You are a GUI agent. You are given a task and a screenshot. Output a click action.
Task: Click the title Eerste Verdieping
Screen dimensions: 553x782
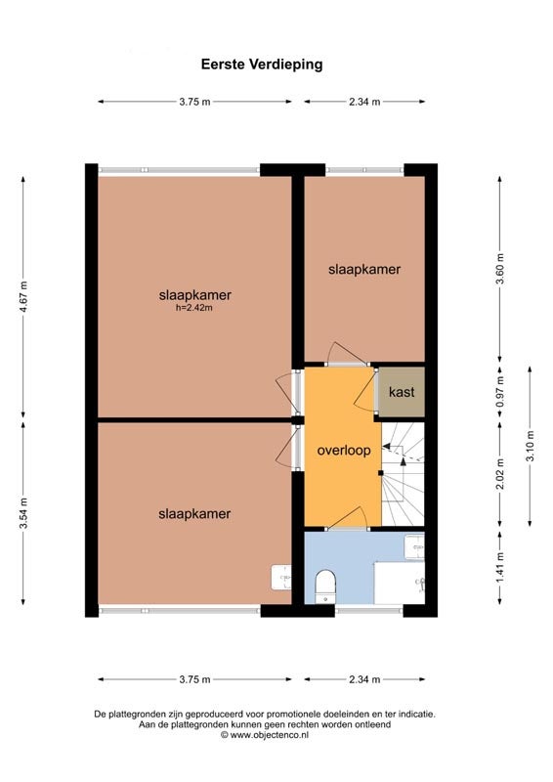pos(262,65)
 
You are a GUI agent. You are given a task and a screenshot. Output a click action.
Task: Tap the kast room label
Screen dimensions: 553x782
pos(402,392)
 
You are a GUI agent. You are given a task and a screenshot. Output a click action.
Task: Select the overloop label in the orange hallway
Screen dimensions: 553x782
pos(344,451)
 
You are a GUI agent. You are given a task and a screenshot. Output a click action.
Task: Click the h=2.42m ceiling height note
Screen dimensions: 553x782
pos(194,308)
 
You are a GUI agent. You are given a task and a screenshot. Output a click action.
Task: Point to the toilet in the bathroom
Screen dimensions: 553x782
pos(325,586)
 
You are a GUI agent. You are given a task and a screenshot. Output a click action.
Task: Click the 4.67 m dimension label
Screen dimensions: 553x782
pos(23,297)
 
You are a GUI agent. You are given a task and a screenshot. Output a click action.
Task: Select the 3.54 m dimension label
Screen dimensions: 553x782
pos(23,513)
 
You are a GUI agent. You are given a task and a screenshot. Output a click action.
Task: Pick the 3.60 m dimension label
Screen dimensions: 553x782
pos(500,269)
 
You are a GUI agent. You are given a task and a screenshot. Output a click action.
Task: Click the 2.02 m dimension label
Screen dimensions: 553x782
pos(500,474)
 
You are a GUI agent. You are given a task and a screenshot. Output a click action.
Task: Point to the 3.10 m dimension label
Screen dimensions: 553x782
pos(531,446)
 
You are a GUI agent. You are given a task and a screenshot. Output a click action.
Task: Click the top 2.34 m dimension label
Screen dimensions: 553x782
pos(364,102)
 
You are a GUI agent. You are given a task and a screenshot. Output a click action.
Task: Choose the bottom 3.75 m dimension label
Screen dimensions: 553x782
pos(194,679)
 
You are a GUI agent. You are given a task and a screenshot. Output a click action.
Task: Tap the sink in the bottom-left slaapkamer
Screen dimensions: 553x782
pos(281,577)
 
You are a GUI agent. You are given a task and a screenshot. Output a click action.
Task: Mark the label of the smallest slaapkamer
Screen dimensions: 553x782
pos(364,270)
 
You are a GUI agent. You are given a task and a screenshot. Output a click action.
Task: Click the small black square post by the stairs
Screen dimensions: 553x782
pos(380,473)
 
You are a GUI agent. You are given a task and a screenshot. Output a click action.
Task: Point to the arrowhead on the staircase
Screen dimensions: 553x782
pos(404,461)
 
